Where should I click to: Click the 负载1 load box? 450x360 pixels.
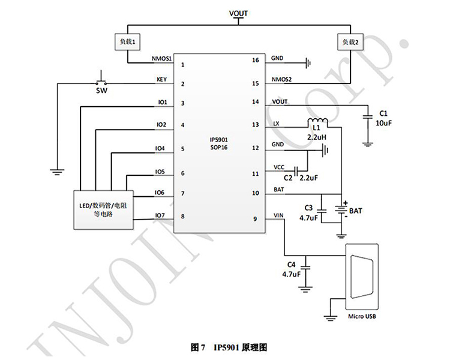(128, 42)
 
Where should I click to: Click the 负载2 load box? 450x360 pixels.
(350, 42)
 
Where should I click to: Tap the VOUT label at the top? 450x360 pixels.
(238, 13)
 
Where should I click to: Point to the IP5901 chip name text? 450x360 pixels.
(218, 139)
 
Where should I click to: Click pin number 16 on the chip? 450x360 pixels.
(255, 61)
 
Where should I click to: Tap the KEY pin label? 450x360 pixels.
(161, 79)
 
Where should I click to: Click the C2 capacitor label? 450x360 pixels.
(287, 178)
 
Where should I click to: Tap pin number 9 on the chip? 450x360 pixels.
(255, 219)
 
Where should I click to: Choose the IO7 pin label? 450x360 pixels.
(160, 214)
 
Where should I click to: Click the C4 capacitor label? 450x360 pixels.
(291, 264)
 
